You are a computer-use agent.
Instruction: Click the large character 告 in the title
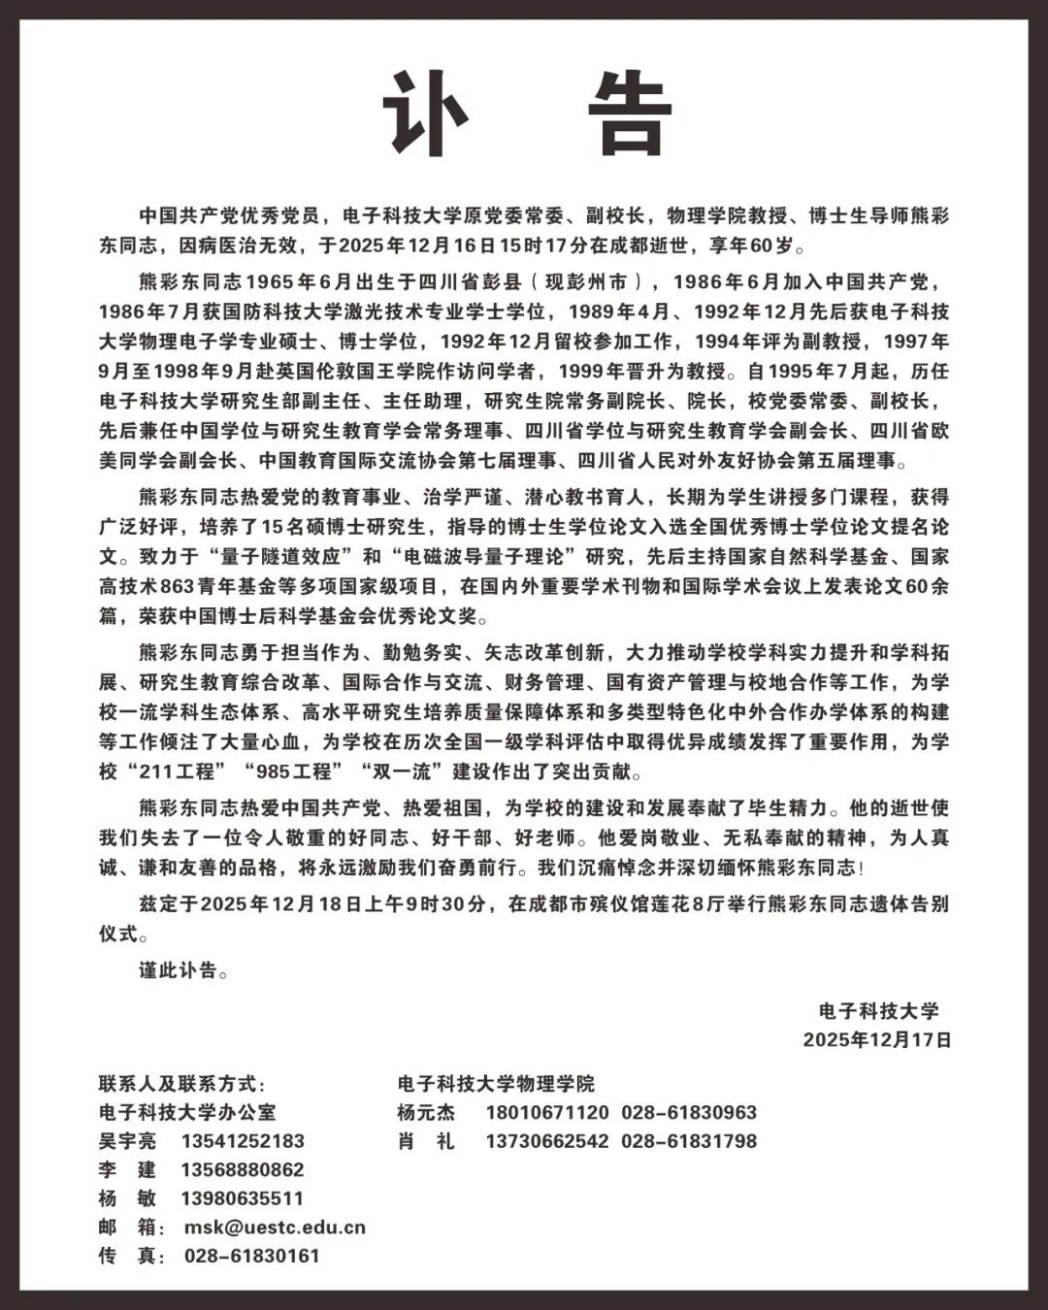[631, 114]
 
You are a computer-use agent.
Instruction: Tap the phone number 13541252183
[243, 1141]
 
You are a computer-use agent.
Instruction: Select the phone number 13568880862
[243, 1170]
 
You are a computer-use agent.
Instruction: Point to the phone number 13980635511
[243, 1198]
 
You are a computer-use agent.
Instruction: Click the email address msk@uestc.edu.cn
[275, 1228]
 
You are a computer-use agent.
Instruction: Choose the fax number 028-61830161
[252, 1256]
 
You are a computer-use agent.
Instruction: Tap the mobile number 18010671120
[547, 1113]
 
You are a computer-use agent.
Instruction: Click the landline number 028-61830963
[689, 1113]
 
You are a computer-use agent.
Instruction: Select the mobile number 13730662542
[547, 1141]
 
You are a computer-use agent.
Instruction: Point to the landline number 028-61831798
[689, 1141]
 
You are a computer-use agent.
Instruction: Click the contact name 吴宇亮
[127, 1141]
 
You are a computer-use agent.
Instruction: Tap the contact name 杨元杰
[426, 1113]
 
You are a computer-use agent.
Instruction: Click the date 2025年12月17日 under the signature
[877, 1040]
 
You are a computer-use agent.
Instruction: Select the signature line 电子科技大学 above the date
[879, 1011]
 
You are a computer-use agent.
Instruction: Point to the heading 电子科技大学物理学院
[496, 1084]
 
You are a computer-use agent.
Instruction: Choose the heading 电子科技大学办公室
[187, 1113]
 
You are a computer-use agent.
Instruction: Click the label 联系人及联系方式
[181, 1084]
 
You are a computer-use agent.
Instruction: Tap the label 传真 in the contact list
[127, 1256]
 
